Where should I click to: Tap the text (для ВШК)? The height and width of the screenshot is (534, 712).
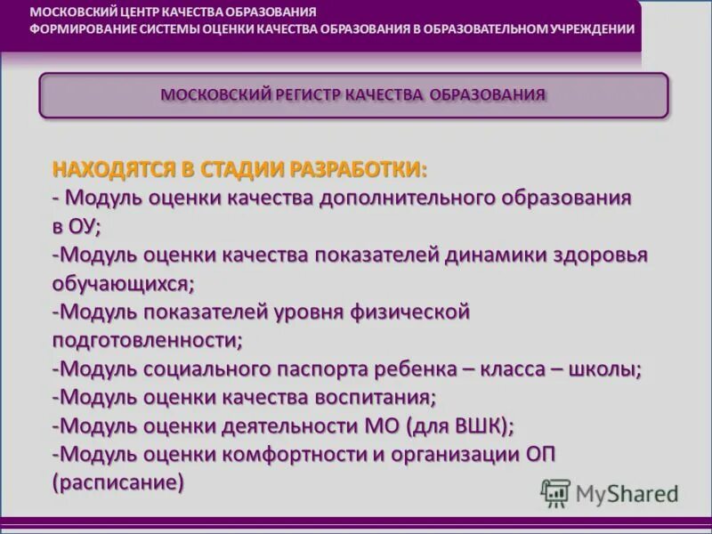[x=459, y=425]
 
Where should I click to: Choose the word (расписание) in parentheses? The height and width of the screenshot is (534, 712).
[x=118, y=482]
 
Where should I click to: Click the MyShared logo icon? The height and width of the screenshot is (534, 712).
[x=555, y=492]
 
